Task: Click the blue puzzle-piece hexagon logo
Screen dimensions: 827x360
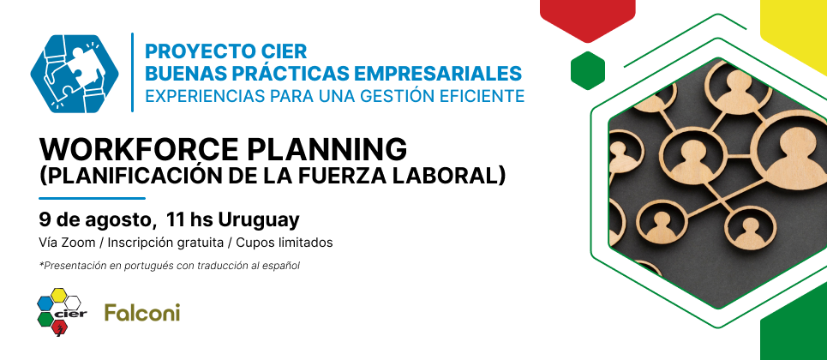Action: (x=75, y=74)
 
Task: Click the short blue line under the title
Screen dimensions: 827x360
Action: (x=93, y=199)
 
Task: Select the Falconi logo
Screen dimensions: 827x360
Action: (x=142, y=313)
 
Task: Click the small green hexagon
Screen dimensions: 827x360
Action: (x=588, y=70)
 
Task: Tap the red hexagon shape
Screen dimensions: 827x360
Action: (x=588, y=19)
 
